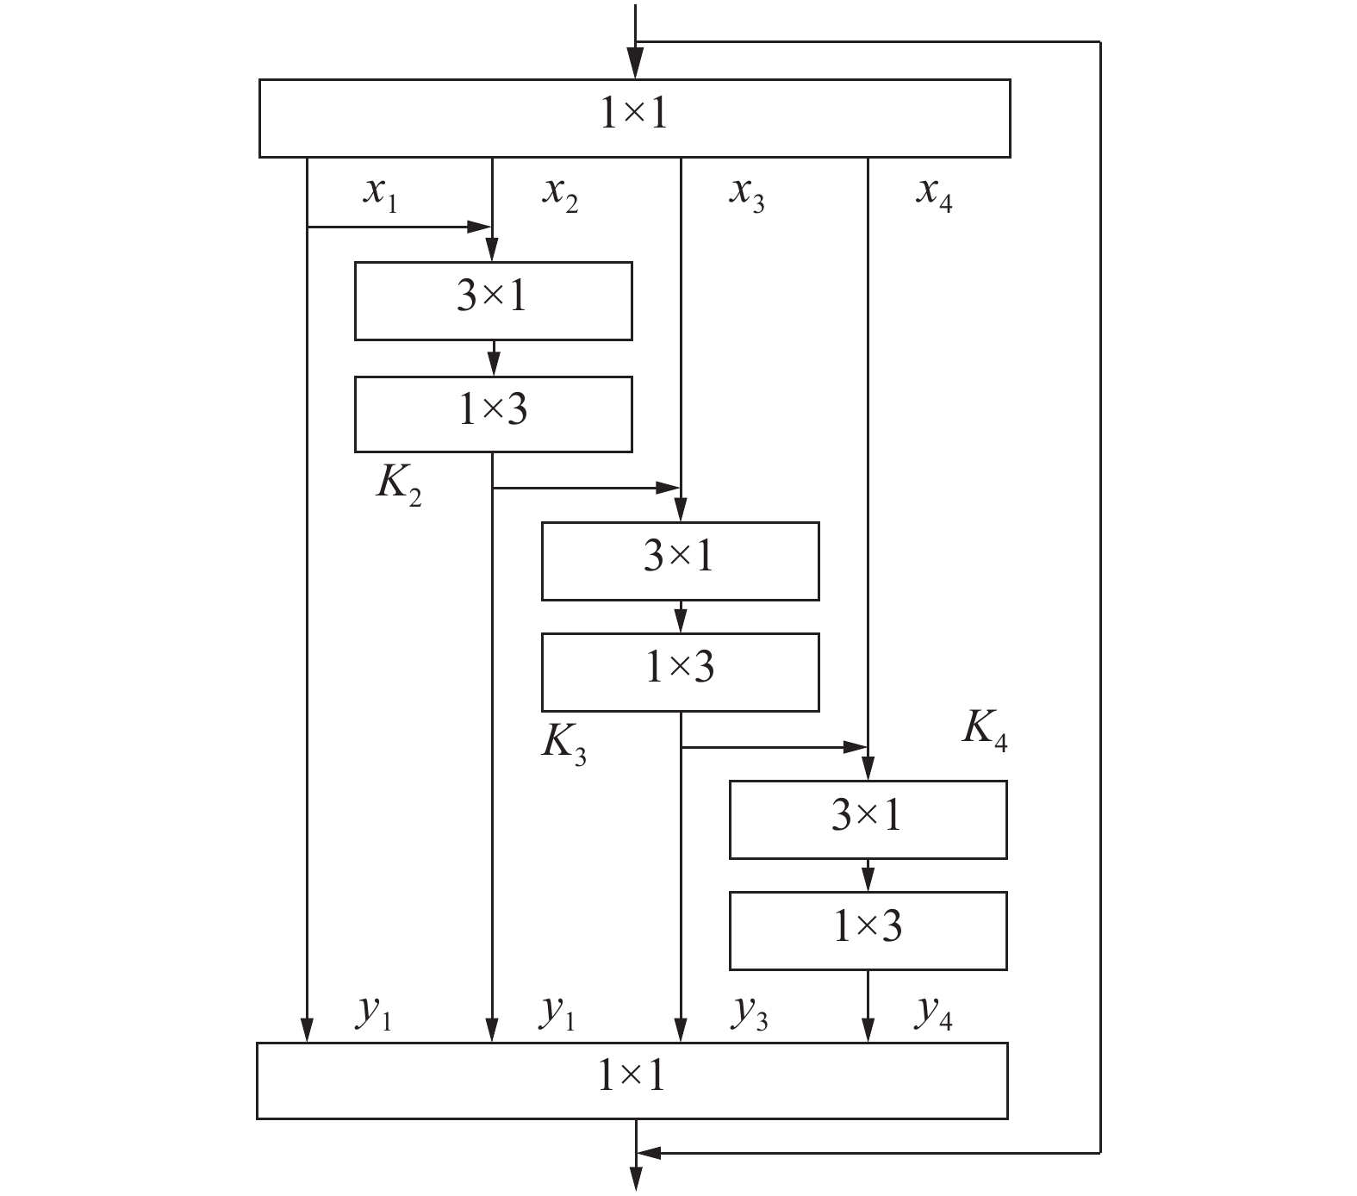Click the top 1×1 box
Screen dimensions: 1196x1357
[634, 118]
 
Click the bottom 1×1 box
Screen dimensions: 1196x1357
[632, 1081]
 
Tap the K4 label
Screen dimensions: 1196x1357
[984, 732]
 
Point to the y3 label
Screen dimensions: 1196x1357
[750, 1013]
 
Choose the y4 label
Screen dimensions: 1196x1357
[934, 1013]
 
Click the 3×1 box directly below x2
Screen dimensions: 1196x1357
[493, 301]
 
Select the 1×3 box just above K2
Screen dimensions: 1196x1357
[493, 414]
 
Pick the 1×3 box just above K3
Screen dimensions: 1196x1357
[680, 672]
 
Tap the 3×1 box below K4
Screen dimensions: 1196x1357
[868, 819]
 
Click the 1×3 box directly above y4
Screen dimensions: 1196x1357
[868, 931]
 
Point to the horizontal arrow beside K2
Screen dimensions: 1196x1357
[586, 488]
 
